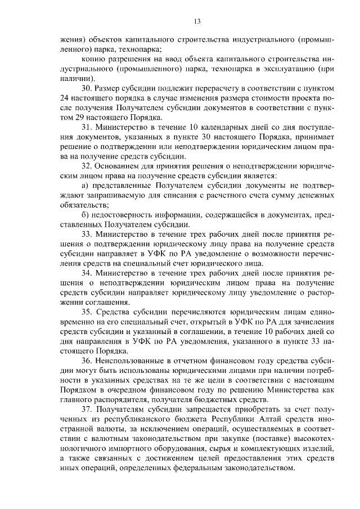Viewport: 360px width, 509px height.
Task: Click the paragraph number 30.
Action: (x=87, y=89)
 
